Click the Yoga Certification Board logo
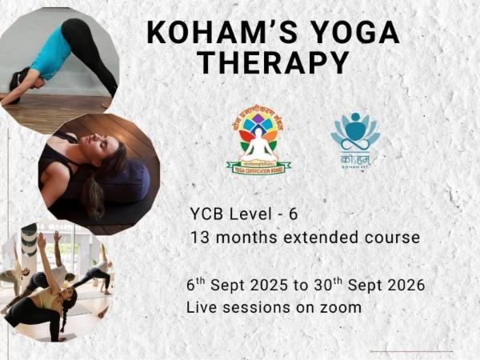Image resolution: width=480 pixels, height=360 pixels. coord(258,142)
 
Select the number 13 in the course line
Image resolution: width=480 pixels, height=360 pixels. coord(200,238)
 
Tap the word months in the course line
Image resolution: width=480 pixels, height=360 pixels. coord(240,238)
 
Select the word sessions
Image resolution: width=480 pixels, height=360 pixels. coord(257,306)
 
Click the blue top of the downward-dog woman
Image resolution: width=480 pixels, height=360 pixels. coord(50,53)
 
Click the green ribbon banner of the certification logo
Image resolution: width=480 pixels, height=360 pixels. coord(258,167)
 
